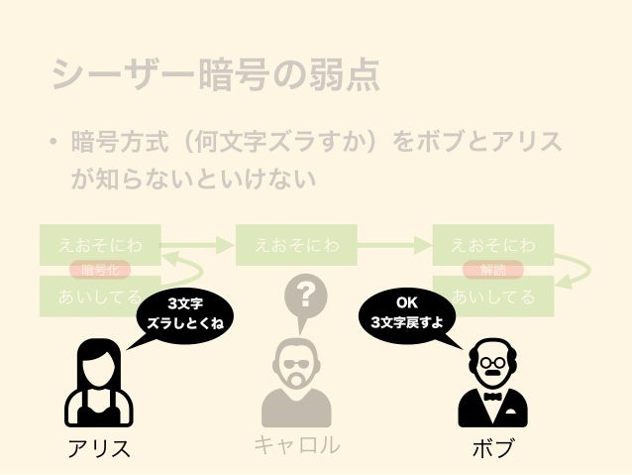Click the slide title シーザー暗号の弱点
click(x=216, y=76)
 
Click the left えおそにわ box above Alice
click(x=99, y=244)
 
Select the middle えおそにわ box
click(x=296, y=244)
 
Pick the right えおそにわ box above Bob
click(x=493, y=244)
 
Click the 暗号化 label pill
click(x=100, y=270)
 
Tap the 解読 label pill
click(x=492, y=270)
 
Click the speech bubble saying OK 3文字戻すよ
click(x=406, y=313)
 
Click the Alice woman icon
click(x=98, y=381)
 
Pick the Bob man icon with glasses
click(x=492, y=382)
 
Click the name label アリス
click(x=99, y=448)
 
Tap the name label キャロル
click(x=296, y=446)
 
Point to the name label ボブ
click(x=492, y=448)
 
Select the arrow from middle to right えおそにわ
click(x=393, y=244)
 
